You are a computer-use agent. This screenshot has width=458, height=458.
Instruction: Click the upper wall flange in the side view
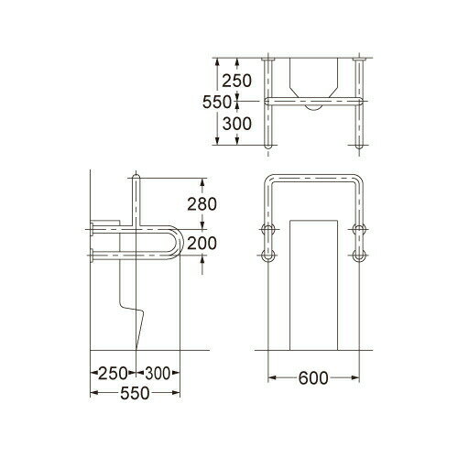pyautogui.click(x=93, y=227)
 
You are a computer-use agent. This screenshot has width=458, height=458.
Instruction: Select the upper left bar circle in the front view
pyautogui.click(x=268, y=228)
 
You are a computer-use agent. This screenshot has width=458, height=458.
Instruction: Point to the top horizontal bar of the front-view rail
pyautogui.click(x=313, y=178)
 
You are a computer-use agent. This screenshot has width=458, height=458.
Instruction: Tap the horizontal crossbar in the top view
pyautogui.click(x=313, y=98)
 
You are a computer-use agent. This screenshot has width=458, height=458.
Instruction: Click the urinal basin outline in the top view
pyautogui.click(x=313, y=78)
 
